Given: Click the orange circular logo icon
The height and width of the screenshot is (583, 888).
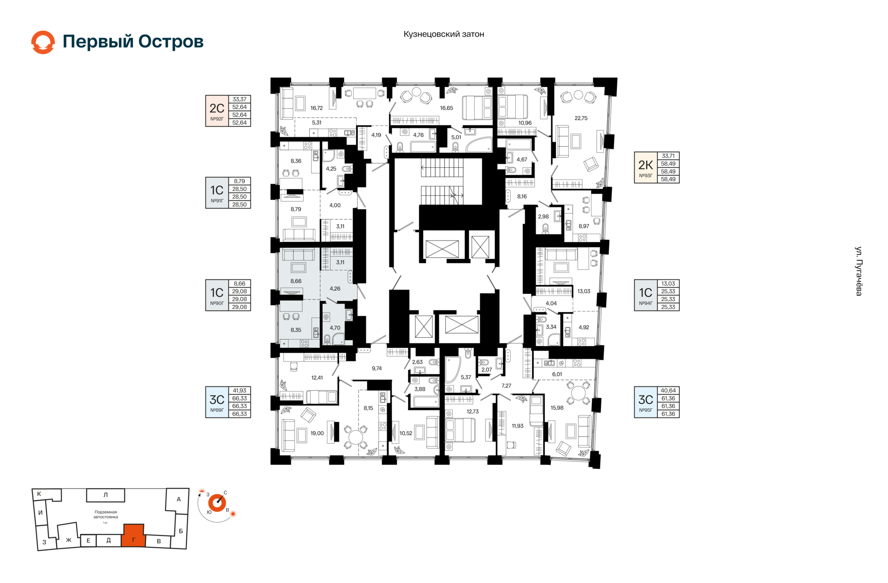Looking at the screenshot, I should coord(43,42).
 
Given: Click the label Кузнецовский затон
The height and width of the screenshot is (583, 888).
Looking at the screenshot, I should coord(444,34).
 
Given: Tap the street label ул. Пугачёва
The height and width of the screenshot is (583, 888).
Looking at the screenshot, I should coord(858,271).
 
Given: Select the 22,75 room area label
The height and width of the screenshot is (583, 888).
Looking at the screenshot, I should coord(581,118).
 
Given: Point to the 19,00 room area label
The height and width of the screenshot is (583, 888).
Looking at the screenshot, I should coord(317,434).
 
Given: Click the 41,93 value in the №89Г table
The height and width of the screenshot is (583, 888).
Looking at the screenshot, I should coord(240,391).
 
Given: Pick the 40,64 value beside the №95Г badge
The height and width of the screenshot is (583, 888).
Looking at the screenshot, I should coord(668,391).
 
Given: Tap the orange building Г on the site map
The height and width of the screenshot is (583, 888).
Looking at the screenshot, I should coord(134,537).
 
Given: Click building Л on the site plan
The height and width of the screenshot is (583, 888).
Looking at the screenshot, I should coord(105,495).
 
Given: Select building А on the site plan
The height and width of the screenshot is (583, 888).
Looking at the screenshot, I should coord(179,500).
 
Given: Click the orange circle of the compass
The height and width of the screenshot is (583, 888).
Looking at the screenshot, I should coord(217,502).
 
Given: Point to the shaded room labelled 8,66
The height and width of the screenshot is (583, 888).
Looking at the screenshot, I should coord(296,281).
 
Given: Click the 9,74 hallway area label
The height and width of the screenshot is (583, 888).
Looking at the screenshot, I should coord(376,369).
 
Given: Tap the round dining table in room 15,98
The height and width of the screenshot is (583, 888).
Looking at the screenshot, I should coord(578,394).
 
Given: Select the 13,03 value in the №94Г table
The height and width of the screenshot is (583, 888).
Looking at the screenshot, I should coord(668,284).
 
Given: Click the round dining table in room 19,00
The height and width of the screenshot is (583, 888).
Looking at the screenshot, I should coord(356,437).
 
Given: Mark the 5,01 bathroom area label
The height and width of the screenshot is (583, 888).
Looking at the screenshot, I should coord(456,137).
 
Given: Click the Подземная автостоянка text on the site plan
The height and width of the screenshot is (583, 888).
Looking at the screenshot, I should coord(105,515).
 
